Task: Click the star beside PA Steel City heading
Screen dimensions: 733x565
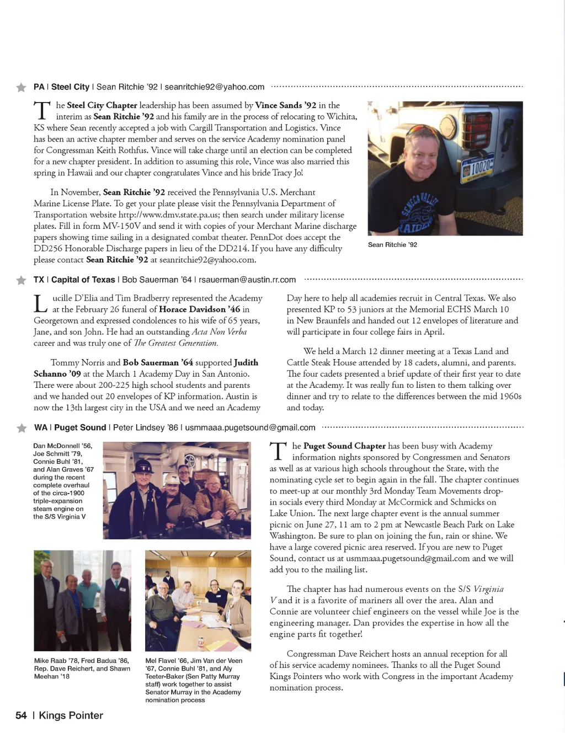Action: [22, 87]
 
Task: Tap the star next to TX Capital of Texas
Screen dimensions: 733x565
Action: [22, 280]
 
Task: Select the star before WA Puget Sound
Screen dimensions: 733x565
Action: [22, 428]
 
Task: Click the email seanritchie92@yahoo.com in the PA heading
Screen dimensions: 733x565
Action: [214, 87]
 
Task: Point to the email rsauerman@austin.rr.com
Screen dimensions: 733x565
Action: [247, 280]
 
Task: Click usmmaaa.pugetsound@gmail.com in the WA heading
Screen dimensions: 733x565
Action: [250, 428]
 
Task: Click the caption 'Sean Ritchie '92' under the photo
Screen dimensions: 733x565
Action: [392, 245]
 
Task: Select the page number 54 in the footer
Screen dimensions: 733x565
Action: [21, 715]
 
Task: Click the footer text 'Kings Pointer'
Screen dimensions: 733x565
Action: [71, 715]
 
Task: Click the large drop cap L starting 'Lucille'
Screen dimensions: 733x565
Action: [40, 304]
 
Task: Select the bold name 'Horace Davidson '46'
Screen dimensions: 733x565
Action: [200, 309]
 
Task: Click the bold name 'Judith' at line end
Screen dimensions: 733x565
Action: [246, 363]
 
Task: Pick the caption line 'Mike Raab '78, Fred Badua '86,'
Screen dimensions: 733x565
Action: [81, 661]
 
